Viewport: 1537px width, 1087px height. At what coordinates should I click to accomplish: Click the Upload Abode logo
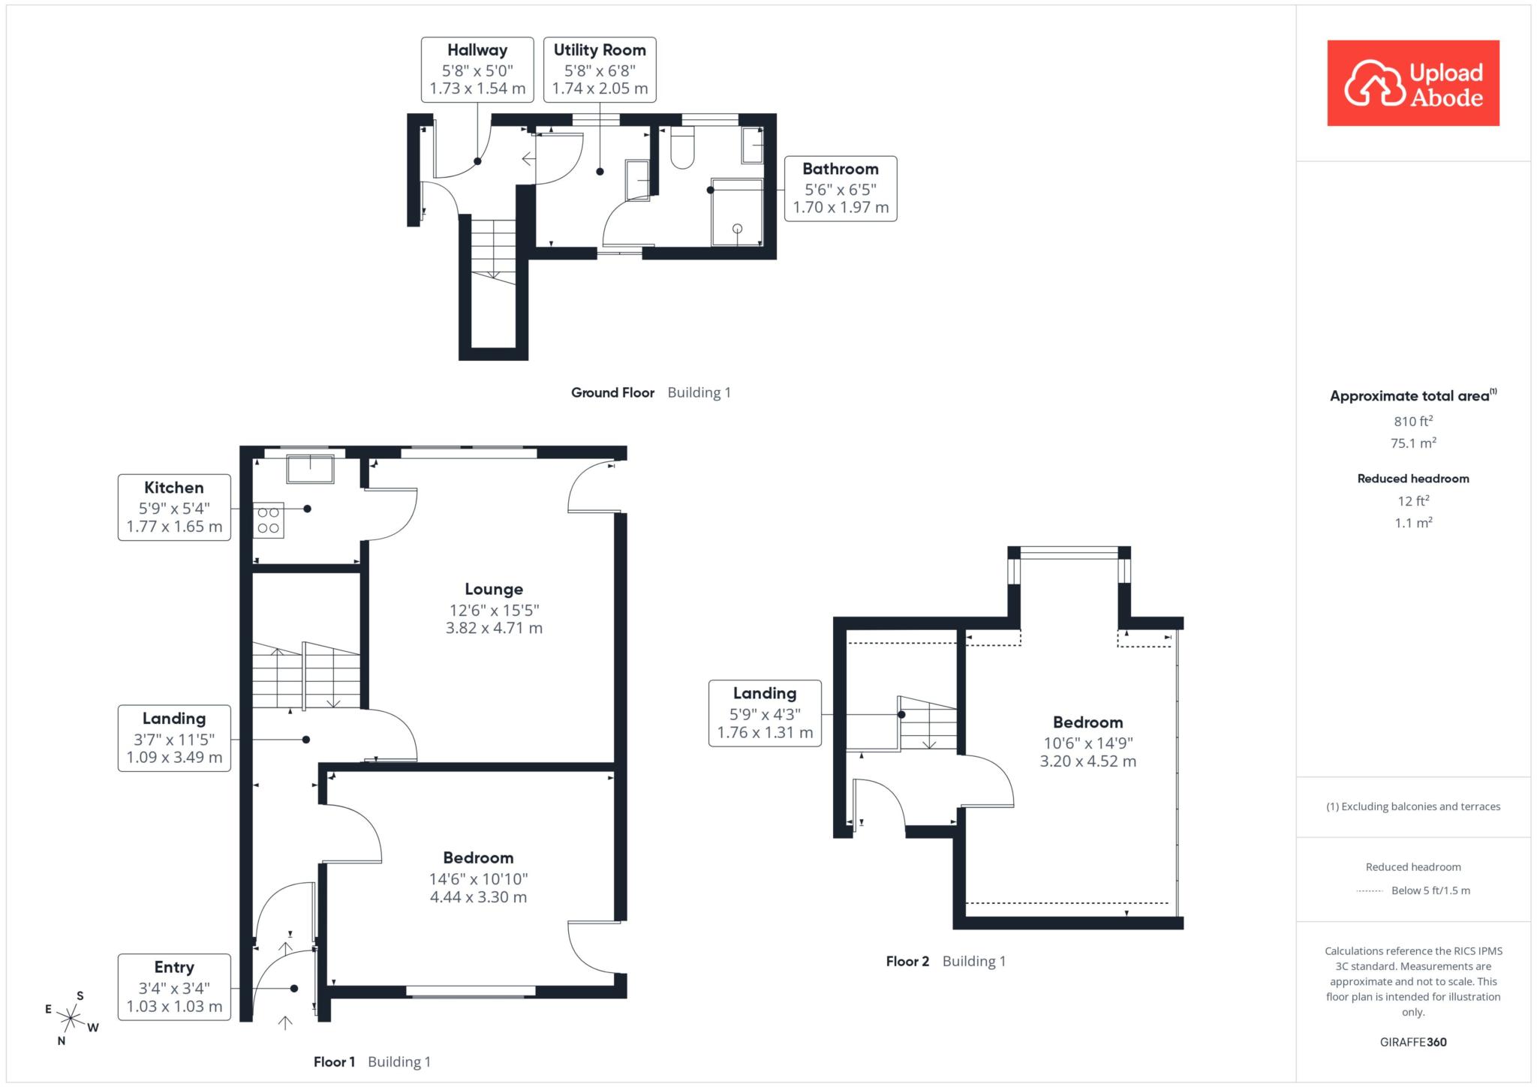tap(1413, 83)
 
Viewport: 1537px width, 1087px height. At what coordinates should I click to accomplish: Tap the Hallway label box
tap(477, 69)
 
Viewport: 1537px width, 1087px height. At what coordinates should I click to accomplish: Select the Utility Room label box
tap(600, 69)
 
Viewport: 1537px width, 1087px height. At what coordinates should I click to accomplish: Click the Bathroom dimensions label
tap(841, 188)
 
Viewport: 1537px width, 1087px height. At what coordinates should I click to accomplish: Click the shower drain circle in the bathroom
tap(737, 229)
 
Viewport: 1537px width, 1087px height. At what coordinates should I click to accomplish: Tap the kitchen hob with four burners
tap(269, 520)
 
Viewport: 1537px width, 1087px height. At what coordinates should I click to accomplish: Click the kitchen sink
tap(310, 469)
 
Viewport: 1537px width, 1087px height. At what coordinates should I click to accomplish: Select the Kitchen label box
tap(174, 507)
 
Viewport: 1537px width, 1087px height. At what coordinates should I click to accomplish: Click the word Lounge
tap(494, 589)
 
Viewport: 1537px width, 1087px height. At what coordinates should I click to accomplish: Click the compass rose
tap(71, 1018)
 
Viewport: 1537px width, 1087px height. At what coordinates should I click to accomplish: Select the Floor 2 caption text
tap(946, 961)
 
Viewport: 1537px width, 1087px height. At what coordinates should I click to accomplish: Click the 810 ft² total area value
tap(1413, 421)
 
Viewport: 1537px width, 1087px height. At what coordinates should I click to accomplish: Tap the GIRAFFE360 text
tap(1413, 1042)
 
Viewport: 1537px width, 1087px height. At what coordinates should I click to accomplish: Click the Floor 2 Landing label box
tap(765, 713)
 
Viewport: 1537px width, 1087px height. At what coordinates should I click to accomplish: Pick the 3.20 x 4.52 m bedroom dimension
tap(1087, 761)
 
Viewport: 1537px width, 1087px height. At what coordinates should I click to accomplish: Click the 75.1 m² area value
tap(1413, 443)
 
